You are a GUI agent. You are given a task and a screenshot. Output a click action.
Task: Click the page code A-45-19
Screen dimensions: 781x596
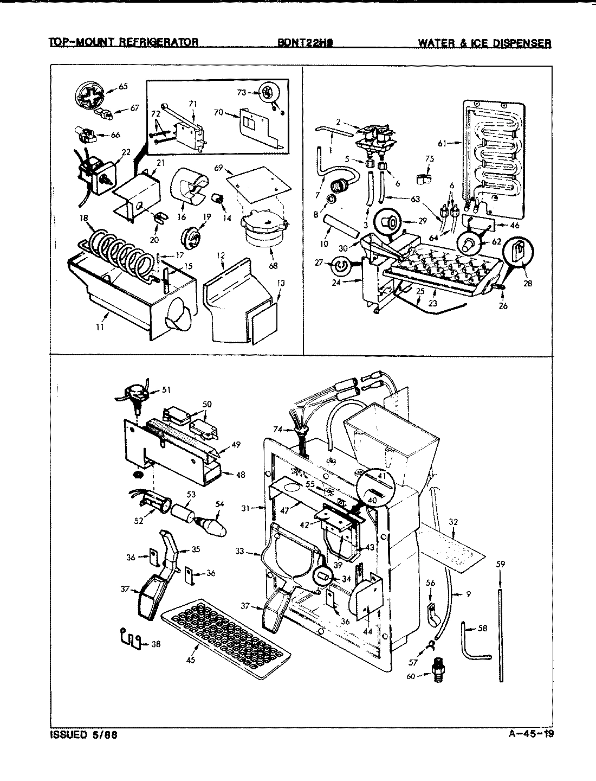531,735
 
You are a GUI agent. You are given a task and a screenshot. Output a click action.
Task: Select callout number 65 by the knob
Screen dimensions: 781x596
123,86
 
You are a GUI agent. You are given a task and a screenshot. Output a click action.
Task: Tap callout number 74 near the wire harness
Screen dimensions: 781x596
278,429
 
